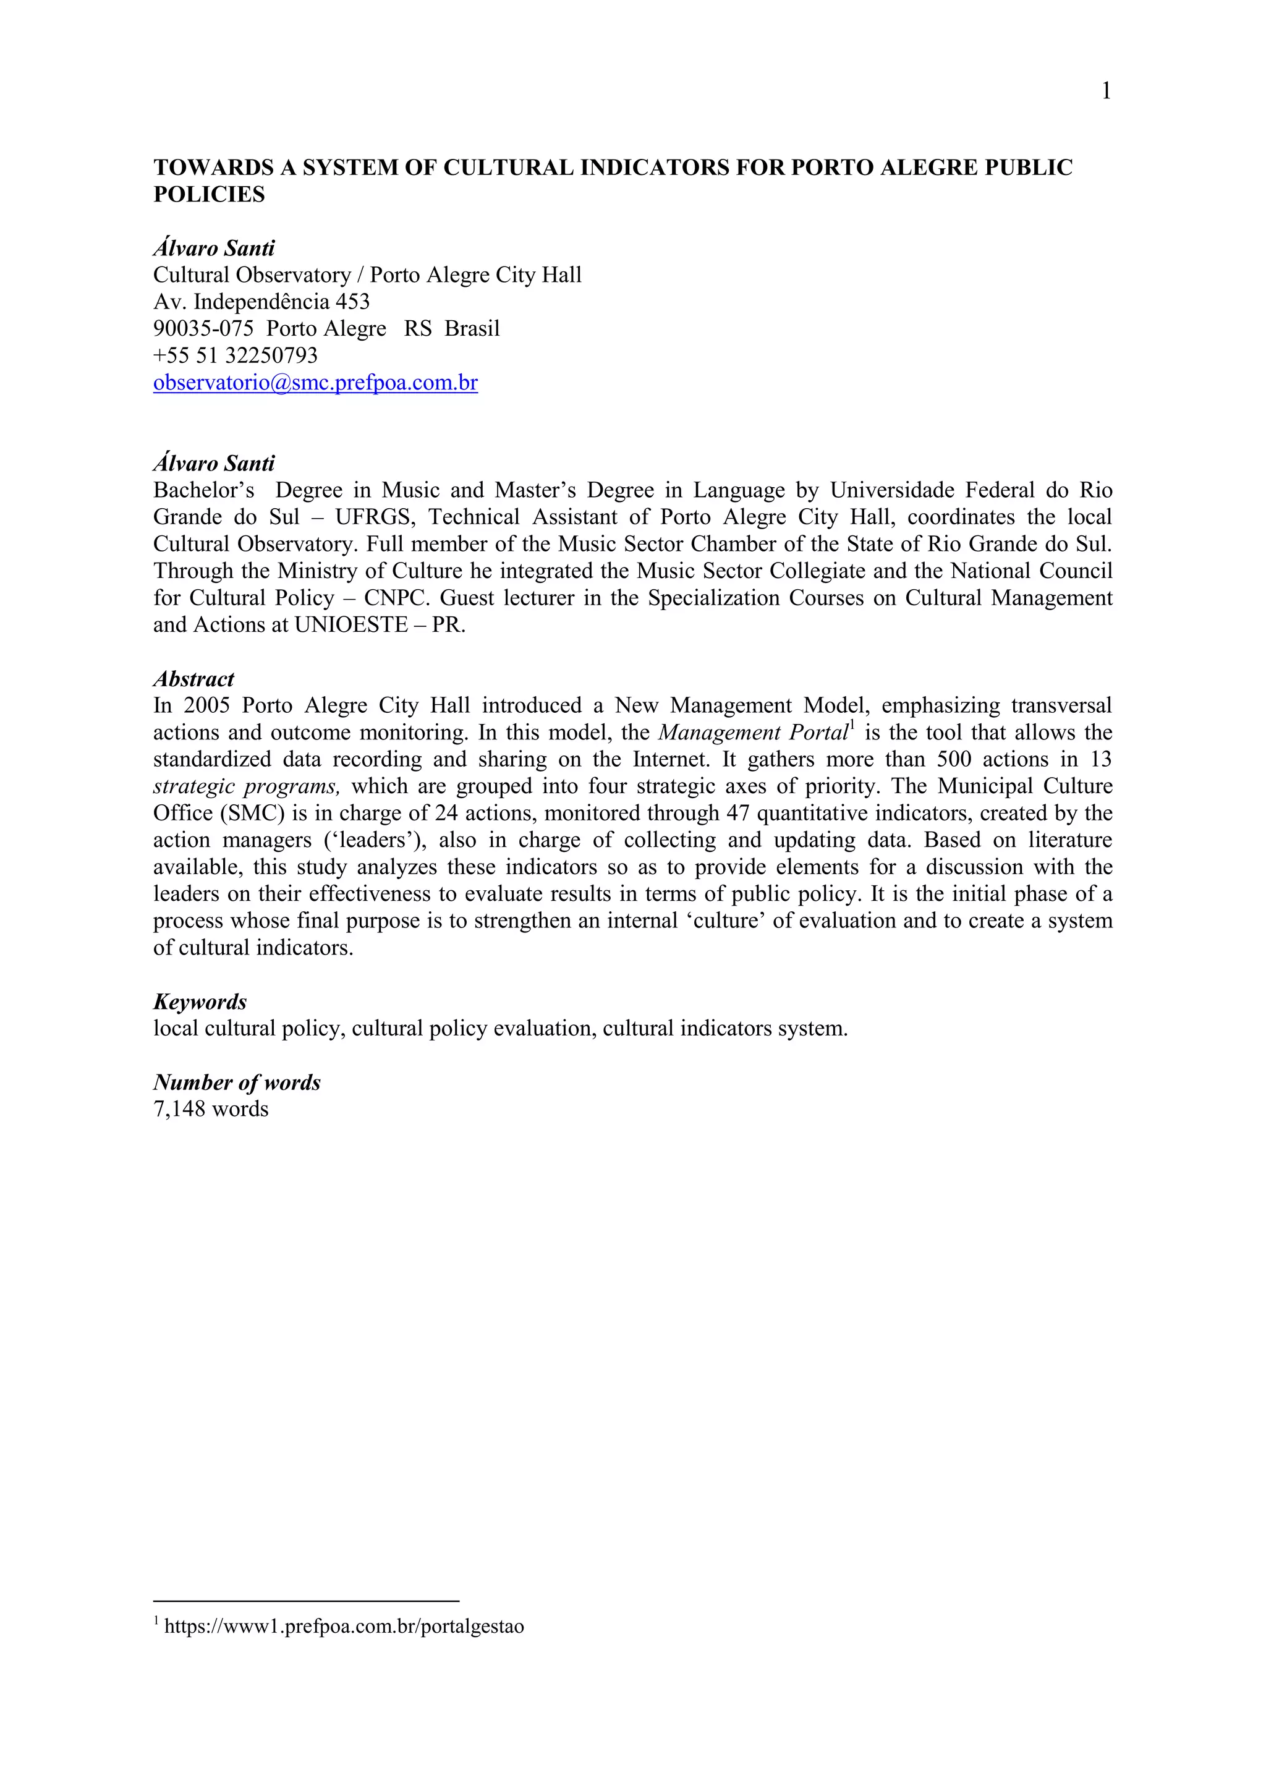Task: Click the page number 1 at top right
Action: tap(1105, 92)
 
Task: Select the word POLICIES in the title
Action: tap(209, 195)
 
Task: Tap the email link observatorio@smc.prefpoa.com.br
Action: tap(315, 383)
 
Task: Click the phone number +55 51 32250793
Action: tap(236, 355)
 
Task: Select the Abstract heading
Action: tap(193, 679)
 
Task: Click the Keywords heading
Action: tap(200, 1002)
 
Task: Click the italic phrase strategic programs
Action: tap(247, 786)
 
